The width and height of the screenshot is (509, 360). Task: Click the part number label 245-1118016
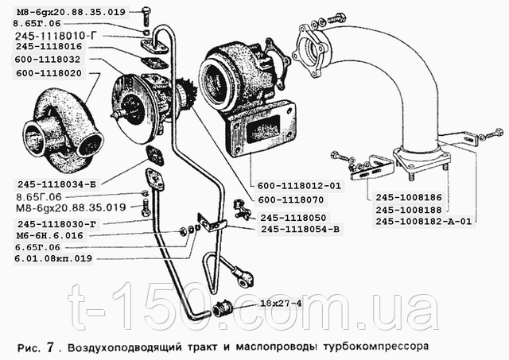(49, 46)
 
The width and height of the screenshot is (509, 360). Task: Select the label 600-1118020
(49, 73)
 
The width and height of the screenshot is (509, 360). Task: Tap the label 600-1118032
(48, 60)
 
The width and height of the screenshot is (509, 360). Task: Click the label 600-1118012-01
(299, 186)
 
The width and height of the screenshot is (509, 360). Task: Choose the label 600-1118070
(291, 199)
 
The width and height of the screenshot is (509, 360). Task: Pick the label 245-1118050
(293, 218)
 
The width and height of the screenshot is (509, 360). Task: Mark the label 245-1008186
(409, 197)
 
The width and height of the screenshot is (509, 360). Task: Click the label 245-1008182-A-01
(423, 221)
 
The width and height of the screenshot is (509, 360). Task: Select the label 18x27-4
(281, 304)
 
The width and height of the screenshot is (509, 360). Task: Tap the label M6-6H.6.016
(49, 235)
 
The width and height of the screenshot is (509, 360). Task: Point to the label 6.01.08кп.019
(53, 259)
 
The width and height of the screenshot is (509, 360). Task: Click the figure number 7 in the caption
(49, 347)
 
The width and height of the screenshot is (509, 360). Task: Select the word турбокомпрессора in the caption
(375, 346)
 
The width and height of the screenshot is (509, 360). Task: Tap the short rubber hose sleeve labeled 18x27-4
(223, 308)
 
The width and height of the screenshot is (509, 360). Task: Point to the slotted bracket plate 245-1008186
(372, 168)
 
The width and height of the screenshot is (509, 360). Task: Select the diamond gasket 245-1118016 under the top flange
(154, 63)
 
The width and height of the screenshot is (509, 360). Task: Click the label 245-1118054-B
(301, 230)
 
